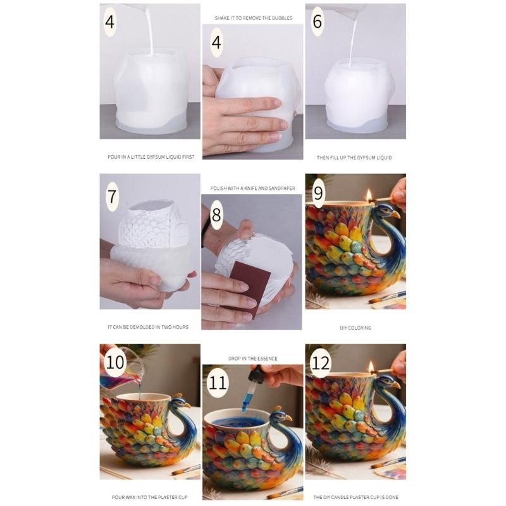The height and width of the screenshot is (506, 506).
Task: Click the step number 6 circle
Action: click(x=317, y=23)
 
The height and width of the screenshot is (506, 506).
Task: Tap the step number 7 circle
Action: click(x=112, y=195)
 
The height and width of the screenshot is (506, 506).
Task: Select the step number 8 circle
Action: click(x=216, y=215)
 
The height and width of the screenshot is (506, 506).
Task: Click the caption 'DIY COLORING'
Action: click(x=355, y=328)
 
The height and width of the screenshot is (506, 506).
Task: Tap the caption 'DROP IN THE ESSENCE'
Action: click(x=252, y=359)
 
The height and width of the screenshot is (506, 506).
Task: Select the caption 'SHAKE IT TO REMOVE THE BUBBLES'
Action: click(x=252, y=18)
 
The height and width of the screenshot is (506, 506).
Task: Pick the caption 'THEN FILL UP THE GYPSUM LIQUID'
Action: click(x=355, y=157)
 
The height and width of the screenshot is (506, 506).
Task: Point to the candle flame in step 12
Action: click(x=371, y=367)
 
